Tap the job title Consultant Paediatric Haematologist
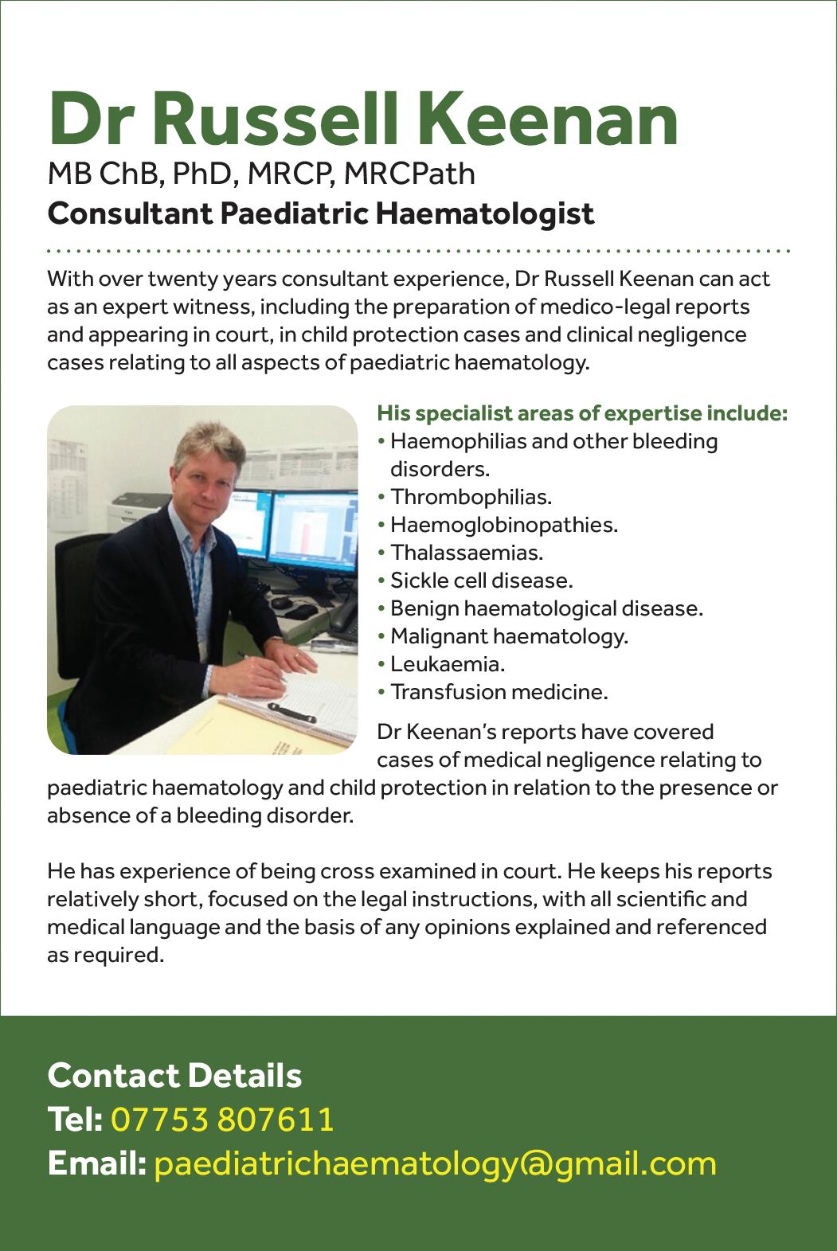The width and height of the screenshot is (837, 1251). point(321,213)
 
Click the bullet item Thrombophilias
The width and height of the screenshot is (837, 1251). point(471,497)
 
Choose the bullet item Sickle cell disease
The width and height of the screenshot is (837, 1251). point(481,581)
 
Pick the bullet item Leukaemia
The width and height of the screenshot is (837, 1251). point(448,663)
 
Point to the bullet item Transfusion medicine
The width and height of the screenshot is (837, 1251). point(499,692)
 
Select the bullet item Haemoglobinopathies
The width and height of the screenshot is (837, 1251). point(503,525)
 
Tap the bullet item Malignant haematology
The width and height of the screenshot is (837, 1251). point(509,636)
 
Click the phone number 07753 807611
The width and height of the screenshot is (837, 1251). point(222,1120)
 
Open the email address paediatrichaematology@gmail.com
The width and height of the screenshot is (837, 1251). point(435,1163)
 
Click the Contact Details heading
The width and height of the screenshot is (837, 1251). point(175,1075)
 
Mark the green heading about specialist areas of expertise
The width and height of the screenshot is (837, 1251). point(582,414)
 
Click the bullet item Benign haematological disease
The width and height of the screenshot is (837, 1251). point(546,608)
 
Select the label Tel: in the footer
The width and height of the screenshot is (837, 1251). point(75,1120)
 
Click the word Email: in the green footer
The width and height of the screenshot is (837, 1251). point(96,1163)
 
